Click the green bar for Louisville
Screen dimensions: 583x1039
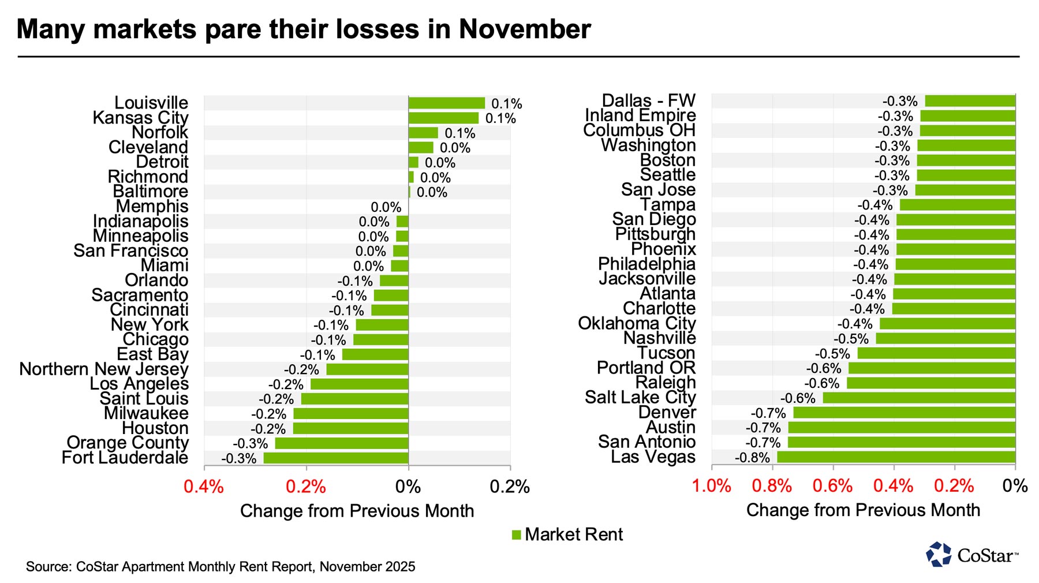[x=447, y=103]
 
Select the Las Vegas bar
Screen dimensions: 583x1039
[x=896, y=457]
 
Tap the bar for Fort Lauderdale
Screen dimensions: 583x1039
[x=336, y=458]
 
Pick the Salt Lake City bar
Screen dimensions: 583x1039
[x=919, y=398]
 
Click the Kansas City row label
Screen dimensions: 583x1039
[x=140, y=118]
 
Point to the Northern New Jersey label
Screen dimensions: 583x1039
[x=104, y=369]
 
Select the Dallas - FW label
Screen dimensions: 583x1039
[x=649, y=100]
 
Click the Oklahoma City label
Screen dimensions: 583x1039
[x=637, y=323]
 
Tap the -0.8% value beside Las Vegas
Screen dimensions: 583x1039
[x=752, y=458]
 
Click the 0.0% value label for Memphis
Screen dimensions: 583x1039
[x=386, y=207]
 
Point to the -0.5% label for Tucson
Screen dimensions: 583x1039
[x=832, y=354]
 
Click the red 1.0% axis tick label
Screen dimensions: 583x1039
[x=711, y=486]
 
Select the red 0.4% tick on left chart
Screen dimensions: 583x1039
[x=204, y=487]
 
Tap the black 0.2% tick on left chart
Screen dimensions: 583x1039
[x=510, y=487]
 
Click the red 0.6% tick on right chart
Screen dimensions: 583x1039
[x=832, y=486]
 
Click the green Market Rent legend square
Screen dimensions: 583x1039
[x=517, y=535]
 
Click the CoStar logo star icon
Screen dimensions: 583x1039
[x=939, y=554]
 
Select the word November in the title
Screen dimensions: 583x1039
[x=525, y=29]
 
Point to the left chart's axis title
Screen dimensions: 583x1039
[x=357, y=511]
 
